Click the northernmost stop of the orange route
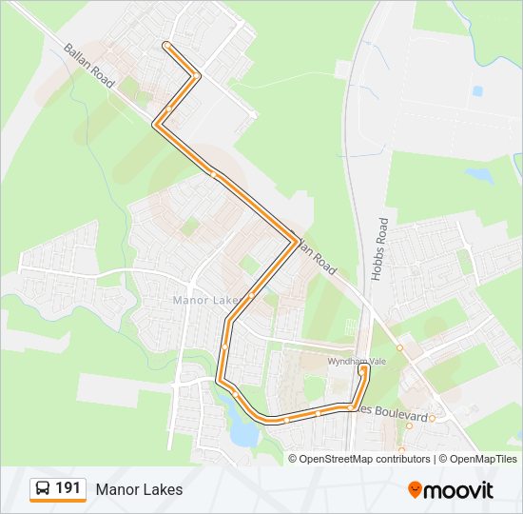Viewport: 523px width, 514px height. (166, 45)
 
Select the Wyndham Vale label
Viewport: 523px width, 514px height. (354, 362)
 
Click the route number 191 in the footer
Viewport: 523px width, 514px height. (68, 488)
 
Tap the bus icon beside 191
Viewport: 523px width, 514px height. (43, 489)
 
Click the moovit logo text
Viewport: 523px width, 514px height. (459, 490)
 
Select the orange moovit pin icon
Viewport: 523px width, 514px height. (416, 489)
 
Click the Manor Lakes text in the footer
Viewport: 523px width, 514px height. (139, 489)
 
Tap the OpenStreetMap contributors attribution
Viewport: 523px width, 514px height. (364, 459)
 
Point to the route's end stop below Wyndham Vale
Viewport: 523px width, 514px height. (363, 369)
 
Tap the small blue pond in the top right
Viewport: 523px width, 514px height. (477, 91)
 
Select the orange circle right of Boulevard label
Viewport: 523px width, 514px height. (432, 418)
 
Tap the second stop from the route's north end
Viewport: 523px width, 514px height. (196, 75)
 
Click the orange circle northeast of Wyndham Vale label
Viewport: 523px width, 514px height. (400, 348)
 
